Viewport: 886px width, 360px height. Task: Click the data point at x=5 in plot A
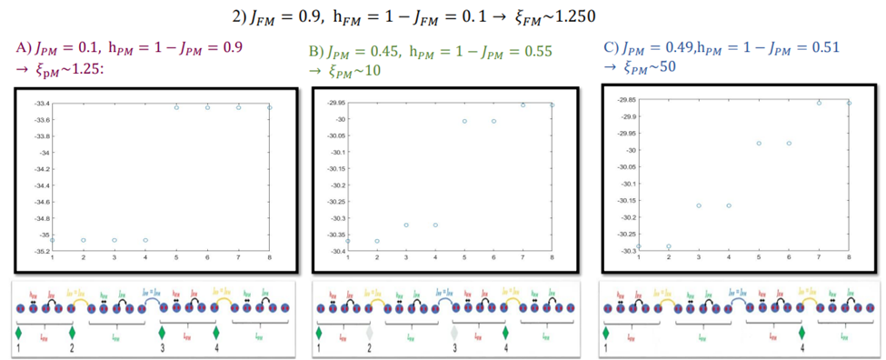click(176, 107)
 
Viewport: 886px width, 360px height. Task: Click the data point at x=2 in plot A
click(84, 240)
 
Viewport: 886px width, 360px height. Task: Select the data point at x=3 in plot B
click(406, 225)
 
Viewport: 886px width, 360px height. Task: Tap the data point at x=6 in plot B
click(493, 121)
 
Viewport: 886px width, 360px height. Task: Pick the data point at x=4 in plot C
click(729, 205)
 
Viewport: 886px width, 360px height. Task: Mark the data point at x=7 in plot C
click(819, 103)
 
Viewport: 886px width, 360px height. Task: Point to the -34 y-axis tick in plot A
click(42, 152)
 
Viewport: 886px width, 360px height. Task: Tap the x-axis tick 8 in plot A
click(270, 256)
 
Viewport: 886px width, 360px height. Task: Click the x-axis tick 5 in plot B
click(464, 258)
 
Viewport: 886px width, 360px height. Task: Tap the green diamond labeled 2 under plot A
click(72, 333)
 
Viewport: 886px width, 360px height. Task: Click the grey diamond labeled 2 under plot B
click(370, 333)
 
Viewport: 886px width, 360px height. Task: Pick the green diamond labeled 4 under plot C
click(801, 333)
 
